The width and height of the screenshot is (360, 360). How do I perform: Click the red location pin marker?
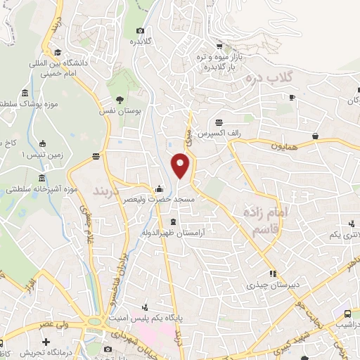(x=181, y=166)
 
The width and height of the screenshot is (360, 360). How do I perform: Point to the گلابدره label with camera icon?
(x=140, y=41)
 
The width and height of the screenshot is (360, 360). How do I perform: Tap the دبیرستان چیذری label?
(x=252, y=286)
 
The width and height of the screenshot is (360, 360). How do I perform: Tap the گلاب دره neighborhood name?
(x=275, y=76)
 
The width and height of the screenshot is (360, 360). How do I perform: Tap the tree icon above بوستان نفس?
(x=120, y=98)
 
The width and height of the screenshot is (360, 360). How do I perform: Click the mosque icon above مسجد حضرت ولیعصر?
(x=160, y=188)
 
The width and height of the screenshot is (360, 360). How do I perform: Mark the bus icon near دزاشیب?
(x=348, y=313)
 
